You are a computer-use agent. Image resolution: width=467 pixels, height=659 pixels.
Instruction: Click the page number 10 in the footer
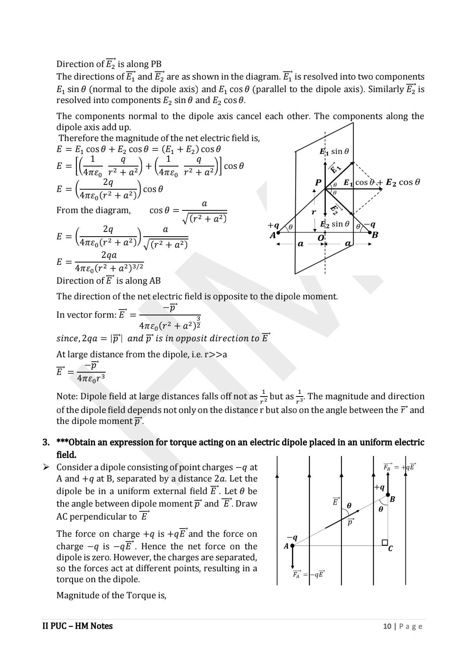point(387,626)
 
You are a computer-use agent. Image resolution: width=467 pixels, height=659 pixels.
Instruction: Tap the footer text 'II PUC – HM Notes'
point(77,626)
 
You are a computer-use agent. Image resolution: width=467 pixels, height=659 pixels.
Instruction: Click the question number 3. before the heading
point(46,442)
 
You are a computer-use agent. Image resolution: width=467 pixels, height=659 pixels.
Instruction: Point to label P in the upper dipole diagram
point(318,183)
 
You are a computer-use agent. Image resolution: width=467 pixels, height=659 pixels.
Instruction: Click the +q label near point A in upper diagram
point(273,225)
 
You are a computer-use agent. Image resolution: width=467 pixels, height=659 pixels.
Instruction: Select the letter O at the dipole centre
point(321,238)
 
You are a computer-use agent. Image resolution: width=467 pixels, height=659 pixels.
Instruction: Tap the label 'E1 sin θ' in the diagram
point(334,152)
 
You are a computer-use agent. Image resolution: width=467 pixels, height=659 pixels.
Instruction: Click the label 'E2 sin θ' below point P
point(334,224)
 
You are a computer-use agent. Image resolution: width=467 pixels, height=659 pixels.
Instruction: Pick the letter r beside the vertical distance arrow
point(314,212)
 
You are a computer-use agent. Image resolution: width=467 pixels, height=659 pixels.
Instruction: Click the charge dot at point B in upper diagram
point(370,232)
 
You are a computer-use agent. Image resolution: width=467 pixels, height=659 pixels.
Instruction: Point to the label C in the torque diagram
point(390,549)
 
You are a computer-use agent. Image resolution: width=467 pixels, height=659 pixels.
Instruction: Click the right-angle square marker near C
point(385,543)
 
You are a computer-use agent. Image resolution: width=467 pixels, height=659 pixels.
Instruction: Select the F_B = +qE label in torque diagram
point(399,467)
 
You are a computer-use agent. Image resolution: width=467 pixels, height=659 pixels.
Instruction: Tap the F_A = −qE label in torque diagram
point(308,574)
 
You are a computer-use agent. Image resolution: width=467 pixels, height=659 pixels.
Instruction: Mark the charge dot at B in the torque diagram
point(388,495)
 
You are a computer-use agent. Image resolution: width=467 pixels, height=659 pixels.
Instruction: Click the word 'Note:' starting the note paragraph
point(67,396)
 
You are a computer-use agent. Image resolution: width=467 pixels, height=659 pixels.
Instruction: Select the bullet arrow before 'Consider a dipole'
point(46,467)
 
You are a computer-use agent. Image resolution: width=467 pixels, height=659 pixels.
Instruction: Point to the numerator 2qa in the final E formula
point(109,255)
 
